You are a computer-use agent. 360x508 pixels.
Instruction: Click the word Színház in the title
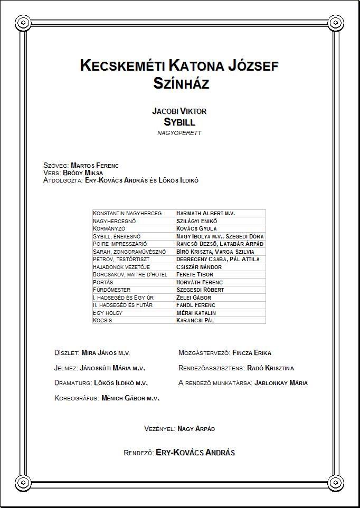(179, 83)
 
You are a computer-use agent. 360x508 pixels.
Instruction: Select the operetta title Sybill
(179, 122)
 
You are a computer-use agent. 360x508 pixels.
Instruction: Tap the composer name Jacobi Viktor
(179, 111)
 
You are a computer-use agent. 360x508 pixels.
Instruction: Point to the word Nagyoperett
(179, 133)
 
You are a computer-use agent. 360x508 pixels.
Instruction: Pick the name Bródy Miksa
(83, 173)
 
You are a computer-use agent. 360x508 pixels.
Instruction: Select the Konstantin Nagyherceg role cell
(127, 214)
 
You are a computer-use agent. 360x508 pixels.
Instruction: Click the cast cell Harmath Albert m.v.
(205, 214)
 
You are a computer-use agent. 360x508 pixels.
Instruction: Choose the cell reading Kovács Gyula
(197, 229)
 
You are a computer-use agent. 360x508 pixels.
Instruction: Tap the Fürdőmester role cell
(112, 290)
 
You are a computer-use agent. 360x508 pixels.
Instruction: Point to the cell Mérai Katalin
(196, 313)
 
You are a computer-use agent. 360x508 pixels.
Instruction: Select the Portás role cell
(105, 282)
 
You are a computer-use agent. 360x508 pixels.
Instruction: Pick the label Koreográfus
(77, 398)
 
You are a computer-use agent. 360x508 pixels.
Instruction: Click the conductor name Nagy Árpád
(196, 429)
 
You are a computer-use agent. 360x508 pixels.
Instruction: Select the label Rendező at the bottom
(138, 453)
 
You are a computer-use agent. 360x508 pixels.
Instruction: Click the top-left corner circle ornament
(23, 23)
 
